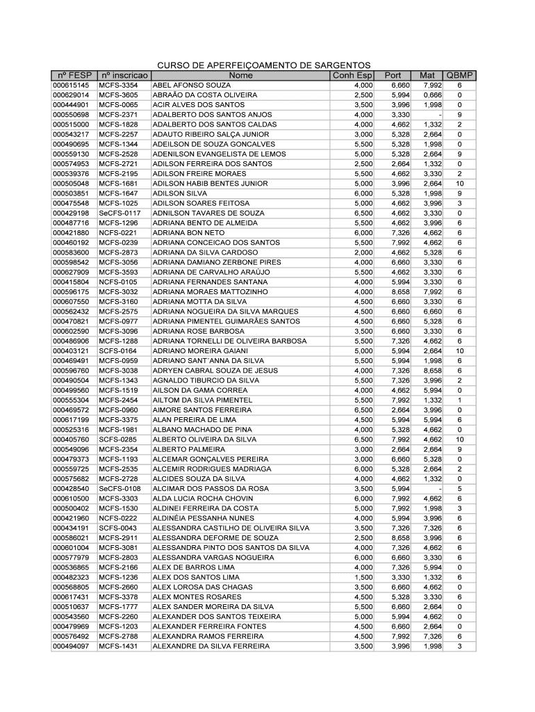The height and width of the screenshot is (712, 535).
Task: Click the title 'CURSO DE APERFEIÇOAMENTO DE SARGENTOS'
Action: [264, 65]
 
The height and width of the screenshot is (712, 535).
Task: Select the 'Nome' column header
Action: [240, 75]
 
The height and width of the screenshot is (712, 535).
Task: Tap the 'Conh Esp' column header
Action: [352, 75]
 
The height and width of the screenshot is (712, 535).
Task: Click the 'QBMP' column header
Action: [459, 75]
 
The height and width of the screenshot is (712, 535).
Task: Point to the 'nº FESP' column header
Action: [73, 75]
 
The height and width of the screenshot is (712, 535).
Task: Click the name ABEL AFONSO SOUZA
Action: [187, 85]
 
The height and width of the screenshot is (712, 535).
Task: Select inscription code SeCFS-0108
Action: [120, 489]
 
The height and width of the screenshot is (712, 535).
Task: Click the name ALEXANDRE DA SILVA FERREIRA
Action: [211, 647]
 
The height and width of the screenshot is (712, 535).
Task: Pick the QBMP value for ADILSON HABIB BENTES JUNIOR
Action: [459, 184]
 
